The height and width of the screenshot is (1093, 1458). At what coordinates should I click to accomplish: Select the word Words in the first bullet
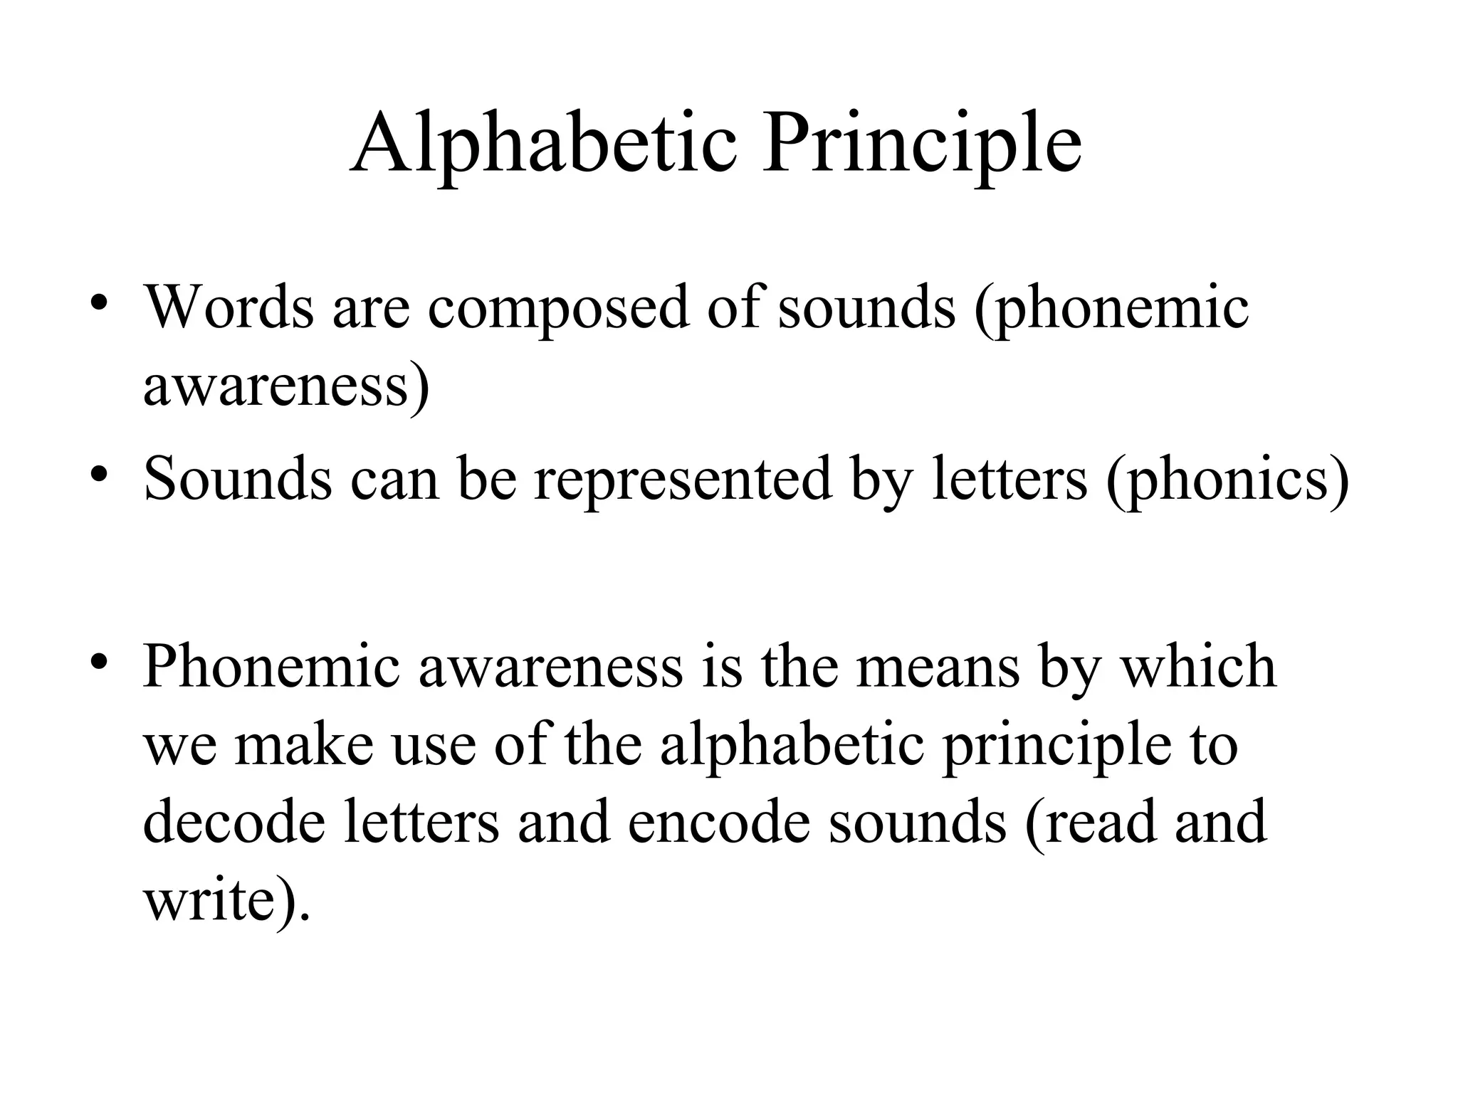[229, 307]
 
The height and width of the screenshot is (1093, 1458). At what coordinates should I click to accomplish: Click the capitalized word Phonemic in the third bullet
[271, 666]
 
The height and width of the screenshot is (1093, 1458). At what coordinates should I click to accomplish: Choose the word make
[304, 744]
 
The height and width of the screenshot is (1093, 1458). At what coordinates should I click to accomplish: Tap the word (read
[1090, 823]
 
